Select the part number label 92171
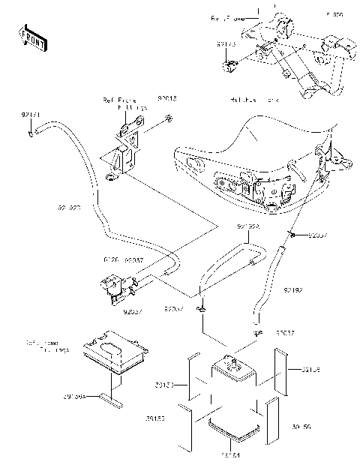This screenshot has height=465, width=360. coord(31,113)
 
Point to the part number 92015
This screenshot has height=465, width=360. coord(167,98)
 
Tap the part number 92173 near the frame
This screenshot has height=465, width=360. coord(226,45)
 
